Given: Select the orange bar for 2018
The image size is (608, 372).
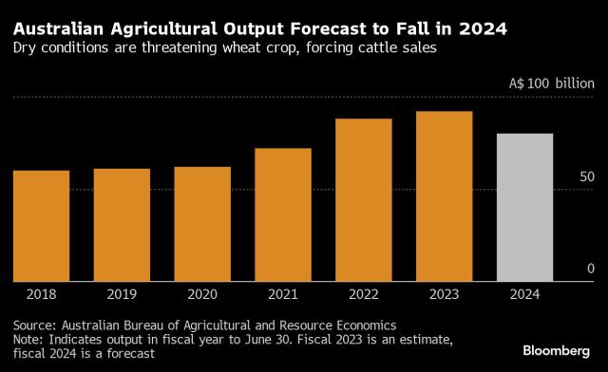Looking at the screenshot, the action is (x=42, y=226).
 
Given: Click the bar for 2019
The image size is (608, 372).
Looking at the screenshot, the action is (x=122, y=225).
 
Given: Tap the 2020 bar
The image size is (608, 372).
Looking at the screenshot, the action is (x=202, y=224).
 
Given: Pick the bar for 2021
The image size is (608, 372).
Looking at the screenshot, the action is (x=283, y=214).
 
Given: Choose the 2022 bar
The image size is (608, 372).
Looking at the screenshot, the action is (x=364, y=200).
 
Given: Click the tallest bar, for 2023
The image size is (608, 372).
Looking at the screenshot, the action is (x=445, y=196).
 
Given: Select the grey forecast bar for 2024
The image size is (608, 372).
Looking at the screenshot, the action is (x=525, y=208).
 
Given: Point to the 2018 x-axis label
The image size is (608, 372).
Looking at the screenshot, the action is (x=42, y=294).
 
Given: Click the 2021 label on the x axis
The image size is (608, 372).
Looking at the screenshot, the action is (x=283, y=294).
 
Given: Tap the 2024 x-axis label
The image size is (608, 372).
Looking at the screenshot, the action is (x=525, y=294).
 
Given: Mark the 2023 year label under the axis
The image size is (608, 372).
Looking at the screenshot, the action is (x=445, y=294).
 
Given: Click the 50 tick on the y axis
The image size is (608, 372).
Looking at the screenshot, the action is (x=587, y=177).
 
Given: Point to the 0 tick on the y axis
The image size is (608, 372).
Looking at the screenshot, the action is (x=591, y=269).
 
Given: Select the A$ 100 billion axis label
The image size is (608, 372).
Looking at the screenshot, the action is (x=552, y=84).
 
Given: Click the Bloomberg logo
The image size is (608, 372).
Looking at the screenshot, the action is (x=557, y=351).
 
